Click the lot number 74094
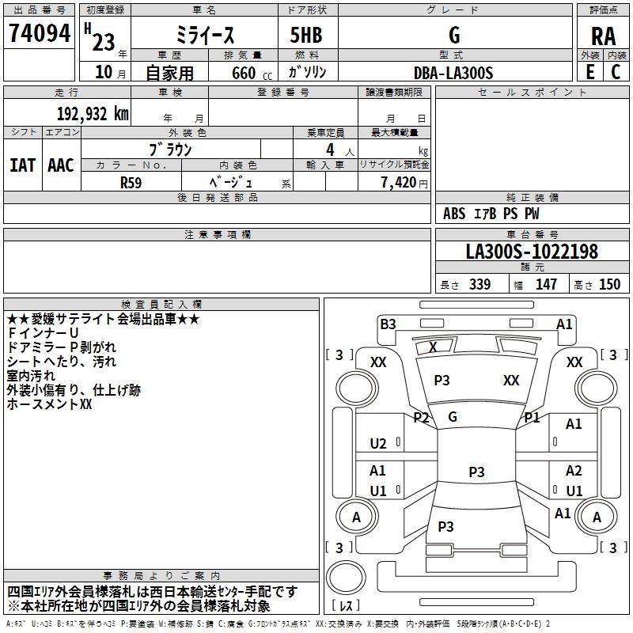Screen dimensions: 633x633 [39, 34]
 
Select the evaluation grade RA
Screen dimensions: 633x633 [603, 36]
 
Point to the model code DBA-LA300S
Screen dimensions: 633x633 [453, 73]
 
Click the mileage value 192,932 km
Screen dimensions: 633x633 [93, 113]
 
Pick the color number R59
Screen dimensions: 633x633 [131, 181]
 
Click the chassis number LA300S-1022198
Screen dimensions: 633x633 [532, 252]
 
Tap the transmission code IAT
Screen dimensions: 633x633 [22, 165]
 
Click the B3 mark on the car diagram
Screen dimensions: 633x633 [388, 324]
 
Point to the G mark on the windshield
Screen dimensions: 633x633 [453, 417]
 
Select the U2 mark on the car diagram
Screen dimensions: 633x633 [378, 444]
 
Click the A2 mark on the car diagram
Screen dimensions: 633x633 [574, 471]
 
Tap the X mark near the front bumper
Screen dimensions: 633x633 [433, 347]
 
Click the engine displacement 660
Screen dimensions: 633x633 [244, 73]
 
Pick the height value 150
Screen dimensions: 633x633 [610, 284]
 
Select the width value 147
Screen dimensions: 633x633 [547, 284]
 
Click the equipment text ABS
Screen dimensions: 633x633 [454, 214]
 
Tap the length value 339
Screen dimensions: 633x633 [479, 284]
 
